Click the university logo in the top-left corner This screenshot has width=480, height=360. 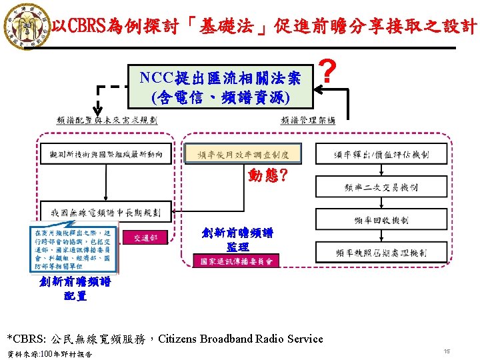[26, 26]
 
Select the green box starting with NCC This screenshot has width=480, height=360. [221, 87]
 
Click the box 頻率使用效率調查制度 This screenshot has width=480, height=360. [243, 154]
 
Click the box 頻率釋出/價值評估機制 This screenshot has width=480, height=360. [381, 155]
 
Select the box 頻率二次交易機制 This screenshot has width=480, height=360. [381, 187]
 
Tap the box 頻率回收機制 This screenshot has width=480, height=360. [381, 219]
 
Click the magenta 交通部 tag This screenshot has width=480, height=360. [145, 237]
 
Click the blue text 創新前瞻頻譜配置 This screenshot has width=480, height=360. [75, 289]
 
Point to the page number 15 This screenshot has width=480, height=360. [447, 351]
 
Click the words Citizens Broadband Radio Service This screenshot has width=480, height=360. [240, 339]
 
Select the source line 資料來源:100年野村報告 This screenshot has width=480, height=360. [50, 353]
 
